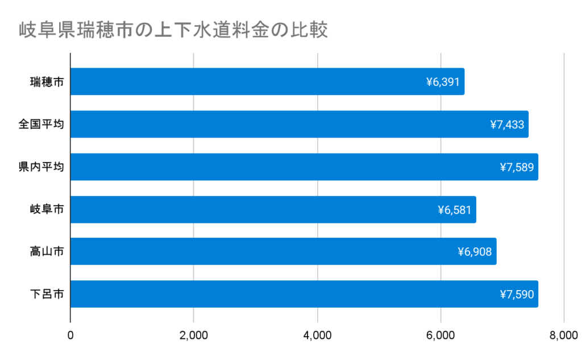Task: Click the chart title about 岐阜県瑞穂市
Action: [x=173, y=29]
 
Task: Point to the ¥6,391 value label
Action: [x=443, y=82]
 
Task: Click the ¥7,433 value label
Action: [x=507, y=124]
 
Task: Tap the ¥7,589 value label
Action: [x=517, y=167]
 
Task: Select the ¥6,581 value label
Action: [x=455, y=209]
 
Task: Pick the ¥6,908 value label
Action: [x=475, y=251]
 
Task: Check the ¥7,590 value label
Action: [x=517, y=294]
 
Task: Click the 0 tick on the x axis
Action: [x=70, y=336]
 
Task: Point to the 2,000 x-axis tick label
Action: [x=194, y=336]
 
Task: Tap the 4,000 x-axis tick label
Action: [x=317, y=336]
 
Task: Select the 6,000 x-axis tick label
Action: [x=440, y=336]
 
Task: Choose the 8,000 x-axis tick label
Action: [x=563, y=336]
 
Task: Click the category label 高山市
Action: [x=47, y=251]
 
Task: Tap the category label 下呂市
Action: [x=47, y=294]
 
